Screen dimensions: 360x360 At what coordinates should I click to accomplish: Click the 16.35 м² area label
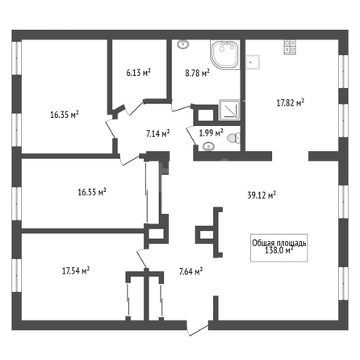65,115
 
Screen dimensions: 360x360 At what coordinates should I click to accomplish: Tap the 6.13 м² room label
138,73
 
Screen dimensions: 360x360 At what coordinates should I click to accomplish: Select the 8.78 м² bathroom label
197,73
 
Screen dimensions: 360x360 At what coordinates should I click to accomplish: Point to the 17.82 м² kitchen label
291,103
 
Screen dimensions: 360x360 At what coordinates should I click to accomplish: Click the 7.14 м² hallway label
158,133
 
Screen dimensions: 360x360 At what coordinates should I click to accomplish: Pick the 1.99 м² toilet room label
211,132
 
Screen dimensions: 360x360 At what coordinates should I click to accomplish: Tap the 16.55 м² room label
92,192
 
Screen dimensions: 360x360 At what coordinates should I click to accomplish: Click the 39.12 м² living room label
262,195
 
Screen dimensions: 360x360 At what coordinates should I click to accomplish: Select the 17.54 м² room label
76,270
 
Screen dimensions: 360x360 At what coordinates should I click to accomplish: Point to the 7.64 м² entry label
190,271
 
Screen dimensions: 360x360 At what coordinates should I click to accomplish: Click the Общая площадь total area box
279,248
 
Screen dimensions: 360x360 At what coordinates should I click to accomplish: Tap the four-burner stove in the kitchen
291,47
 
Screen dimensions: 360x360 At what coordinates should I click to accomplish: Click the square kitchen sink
253,62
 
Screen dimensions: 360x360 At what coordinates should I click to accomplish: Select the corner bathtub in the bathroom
225,55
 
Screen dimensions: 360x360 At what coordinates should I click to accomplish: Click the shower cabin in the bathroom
229,110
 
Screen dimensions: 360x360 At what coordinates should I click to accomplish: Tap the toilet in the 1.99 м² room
233,138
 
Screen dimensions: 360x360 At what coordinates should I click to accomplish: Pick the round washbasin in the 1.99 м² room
208,147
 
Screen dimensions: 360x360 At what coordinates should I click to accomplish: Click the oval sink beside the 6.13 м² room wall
183,44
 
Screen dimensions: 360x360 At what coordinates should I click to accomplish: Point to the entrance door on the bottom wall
198,328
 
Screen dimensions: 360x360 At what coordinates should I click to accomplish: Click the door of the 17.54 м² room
142,259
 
